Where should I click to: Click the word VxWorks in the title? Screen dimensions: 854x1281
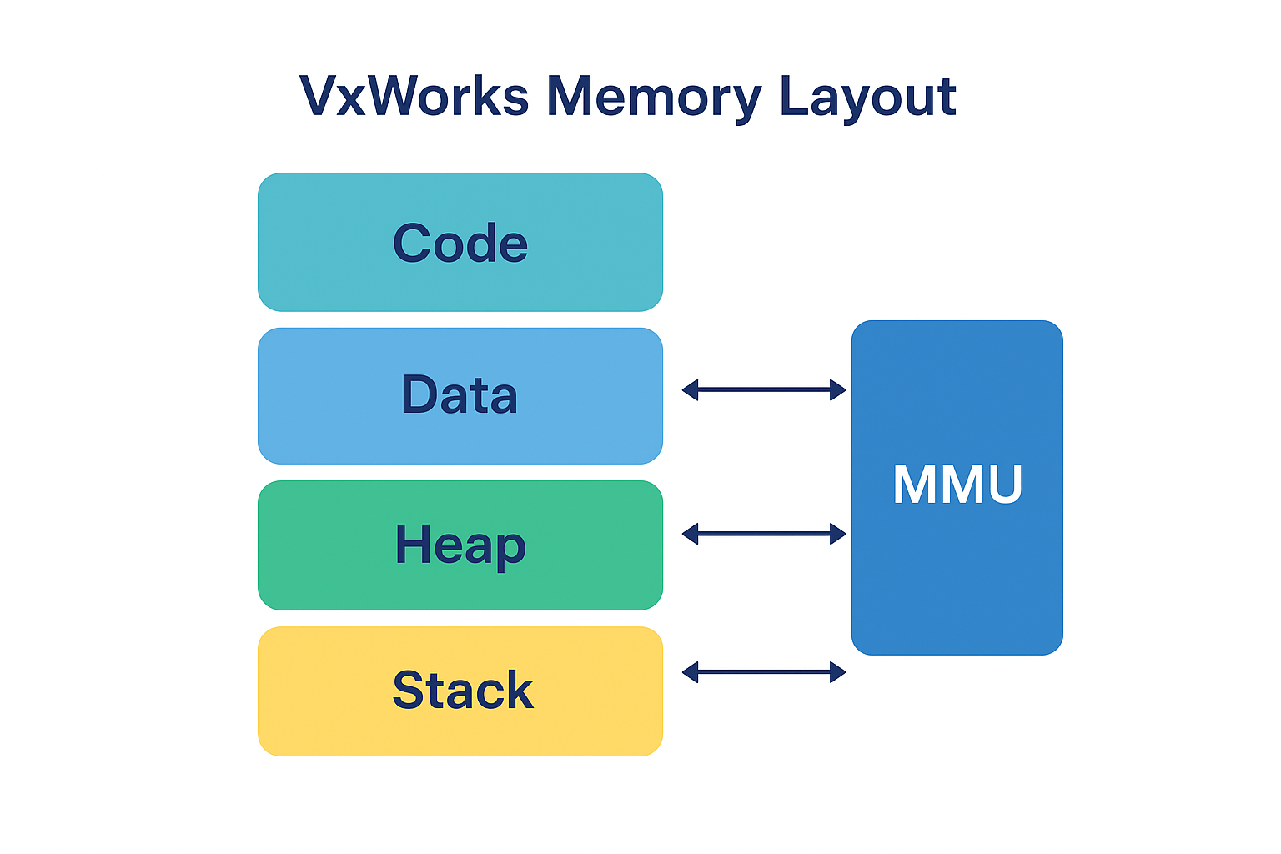coord(414,96)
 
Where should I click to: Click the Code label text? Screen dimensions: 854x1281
coord(460,244)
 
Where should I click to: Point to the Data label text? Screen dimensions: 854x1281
coord(460,394)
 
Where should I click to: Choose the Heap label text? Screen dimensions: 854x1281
coord(460,545)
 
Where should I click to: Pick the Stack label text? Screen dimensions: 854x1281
coord(463,691)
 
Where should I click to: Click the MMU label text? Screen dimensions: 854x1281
coord(957,485)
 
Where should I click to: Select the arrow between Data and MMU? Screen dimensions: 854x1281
coord(764,389)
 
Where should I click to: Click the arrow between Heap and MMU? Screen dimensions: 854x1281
coord(764,534)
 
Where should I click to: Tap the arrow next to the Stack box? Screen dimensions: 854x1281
coord(764,672)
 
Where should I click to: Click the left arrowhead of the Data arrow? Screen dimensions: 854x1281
coord(690,389)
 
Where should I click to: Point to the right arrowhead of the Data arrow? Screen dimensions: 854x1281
coord(838,389)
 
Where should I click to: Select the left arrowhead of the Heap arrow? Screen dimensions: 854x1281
coord(690,534)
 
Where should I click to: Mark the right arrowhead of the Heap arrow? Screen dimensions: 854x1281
coord(838,534)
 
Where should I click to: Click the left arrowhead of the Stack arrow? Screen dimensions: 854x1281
coord(690,672)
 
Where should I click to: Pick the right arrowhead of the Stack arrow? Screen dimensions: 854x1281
coord(838,672)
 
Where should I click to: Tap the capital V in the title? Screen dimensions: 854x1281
coord(318,96)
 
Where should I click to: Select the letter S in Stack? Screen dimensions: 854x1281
coord(409,691)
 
